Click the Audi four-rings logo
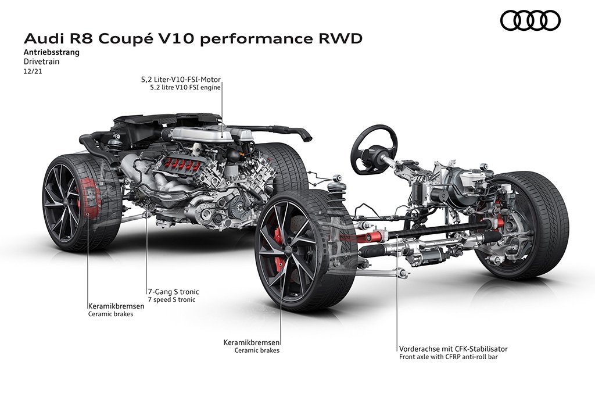point(530,20)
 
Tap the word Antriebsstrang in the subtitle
point(52,52)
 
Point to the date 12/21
point(33,71)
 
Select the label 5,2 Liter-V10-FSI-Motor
point(181,80)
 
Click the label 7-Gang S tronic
point(173,292)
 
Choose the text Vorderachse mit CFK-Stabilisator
point(453,349)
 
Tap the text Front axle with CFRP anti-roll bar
point(448,357)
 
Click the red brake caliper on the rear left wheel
point(89,198)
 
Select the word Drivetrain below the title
point(42,62)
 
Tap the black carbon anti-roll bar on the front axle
point(436,230)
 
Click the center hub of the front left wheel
point(288,249)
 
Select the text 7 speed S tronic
point(171,299)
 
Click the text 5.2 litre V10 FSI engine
point(185,88)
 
